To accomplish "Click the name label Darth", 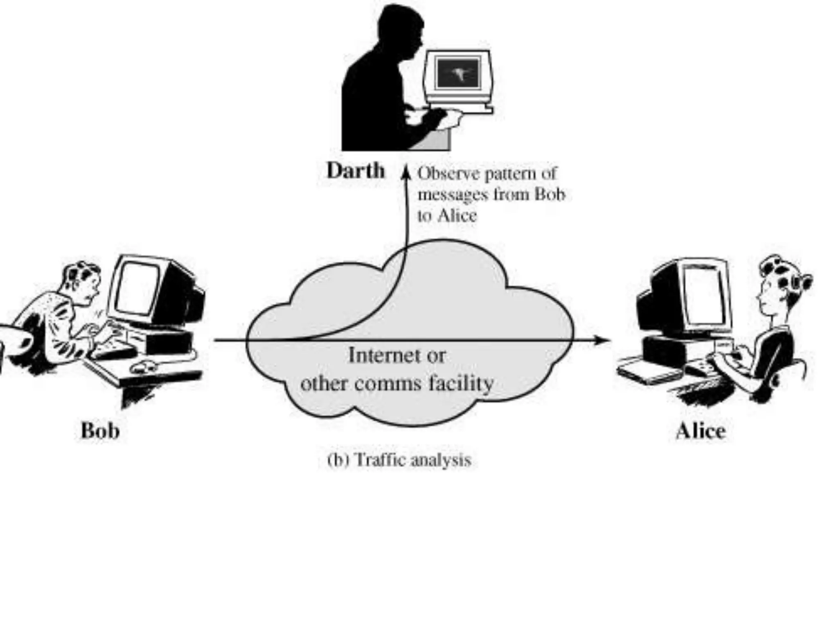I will [x=356, y=171].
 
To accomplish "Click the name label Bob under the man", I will [x=100, y=431].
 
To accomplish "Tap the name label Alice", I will [x=701, y=431].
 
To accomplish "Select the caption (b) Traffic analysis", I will [x=399, y=460].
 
